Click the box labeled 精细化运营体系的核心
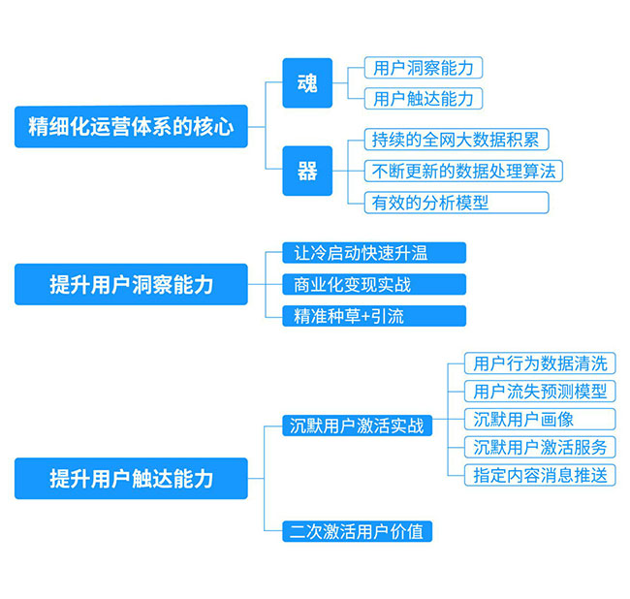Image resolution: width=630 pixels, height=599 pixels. point(131,127)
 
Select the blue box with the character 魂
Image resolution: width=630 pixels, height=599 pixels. point(307,83)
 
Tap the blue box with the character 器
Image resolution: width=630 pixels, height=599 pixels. point(307,172)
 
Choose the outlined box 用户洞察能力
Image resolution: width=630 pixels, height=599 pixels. point(424,68)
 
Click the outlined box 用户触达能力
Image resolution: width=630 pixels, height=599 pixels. point(424,99)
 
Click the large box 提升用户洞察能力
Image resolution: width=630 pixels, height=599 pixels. point(131,284)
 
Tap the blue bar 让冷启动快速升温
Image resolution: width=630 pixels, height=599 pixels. point(374,253)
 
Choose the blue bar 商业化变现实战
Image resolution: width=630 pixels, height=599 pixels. point(374,284)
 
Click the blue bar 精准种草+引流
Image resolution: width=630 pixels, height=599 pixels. point(374,316)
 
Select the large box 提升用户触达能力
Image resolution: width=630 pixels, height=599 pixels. point(131,478)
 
